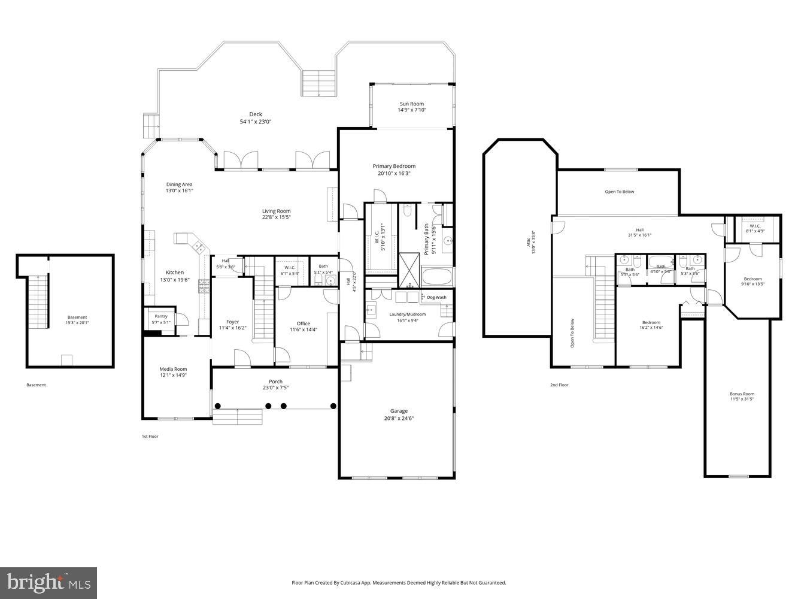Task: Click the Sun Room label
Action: pyautogui.click(x=411, y=104)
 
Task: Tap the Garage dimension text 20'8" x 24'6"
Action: pyautogui.click(x=399, y=419)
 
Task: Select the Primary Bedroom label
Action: pyautogui.click(x=394, y=166)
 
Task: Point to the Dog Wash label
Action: pyautogui.click(x=436, y=297)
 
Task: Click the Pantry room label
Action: pyautogui.click(x=160, y=316)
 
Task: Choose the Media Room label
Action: pyautogui.click(x=173, y=369)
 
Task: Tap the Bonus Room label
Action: pyautogui.click(x=742, y=394)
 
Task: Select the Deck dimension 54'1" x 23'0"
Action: pyautogui.click(x=256, y=122)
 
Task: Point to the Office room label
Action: pyautogui.click(x=304, y=323)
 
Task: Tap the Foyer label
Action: pyautogui.click(x=232, y=322)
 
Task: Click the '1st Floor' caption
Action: pyautogui.click(x=150, y=437)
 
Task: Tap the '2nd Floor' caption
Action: pyautogui.click(x=559, y=385)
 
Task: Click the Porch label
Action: pyautogui.click(x=275, y=382)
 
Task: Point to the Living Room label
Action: pyautogui.click(x=276, y=211)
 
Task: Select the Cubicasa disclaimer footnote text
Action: pyautogui.click(x=399, y=582)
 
